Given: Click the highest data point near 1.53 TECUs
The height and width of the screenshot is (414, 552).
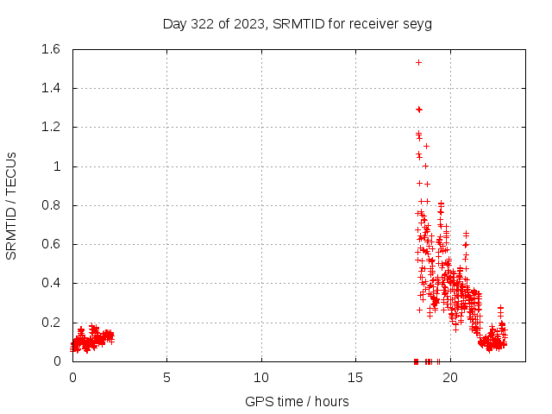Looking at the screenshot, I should pyautogui.click(x=418, y=62).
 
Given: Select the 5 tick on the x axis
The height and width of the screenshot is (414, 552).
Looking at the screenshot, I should pyautogui.click(x=167, y=378).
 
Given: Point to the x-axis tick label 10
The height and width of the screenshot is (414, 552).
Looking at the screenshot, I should pyautogui.click(x=261, y=378).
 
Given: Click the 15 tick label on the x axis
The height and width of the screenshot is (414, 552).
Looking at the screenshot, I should pyautogui.click(x=356, y=378).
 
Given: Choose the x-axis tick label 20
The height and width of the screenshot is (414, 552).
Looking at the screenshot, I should pyautogui.click(x=450, y=378).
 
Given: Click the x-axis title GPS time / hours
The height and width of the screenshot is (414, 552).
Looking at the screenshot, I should pyautogui.click(x=297, y=401).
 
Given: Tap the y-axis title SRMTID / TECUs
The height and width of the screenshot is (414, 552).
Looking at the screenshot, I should pyautogui.click(x=12, y=205).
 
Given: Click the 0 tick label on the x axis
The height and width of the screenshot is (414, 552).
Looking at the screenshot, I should pyautogui.click(x=72, y=378).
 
